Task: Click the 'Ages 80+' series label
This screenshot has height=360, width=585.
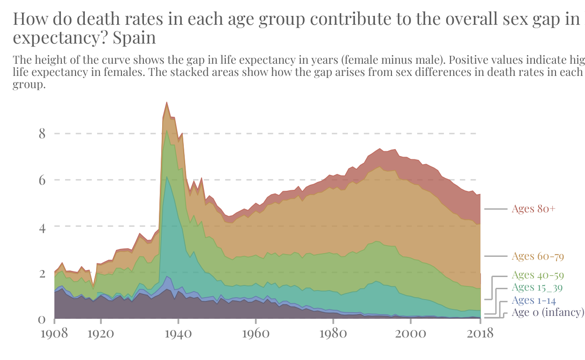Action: pos(533,209)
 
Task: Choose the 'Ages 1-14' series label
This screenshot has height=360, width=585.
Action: pos(533,300)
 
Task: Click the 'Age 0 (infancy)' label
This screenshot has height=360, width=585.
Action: pos(547,313)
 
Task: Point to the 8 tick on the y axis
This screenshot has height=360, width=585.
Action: pos(42,134)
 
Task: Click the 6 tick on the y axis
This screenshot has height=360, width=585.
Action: pos(42,180)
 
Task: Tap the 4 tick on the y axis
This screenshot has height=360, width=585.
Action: pos(42,226)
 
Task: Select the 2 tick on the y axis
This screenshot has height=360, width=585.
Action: pos(42,273)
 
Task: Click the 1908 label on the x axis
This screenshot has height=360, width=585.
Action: pos(54,333)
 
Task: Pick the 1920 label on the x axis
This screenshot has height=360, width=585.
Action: pos(101,333)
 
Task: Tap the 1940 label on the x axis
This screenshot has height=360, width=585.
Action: pos(178,333)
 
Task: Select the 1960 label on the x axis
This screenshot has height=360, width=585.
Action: pos(255,333)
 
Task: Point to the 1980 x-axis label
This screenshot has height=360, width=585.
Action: pos(333,333)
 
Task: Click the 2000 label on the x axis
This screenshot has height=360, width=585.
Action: pos(410,333)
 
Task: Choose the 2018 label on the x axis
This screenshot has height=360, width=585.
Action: pos(480,333)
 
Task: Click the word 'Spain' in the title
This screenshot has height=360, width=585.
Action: pos(134,37)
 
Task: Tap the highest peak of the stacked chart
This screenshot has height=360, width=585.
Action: pos(166,102)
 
